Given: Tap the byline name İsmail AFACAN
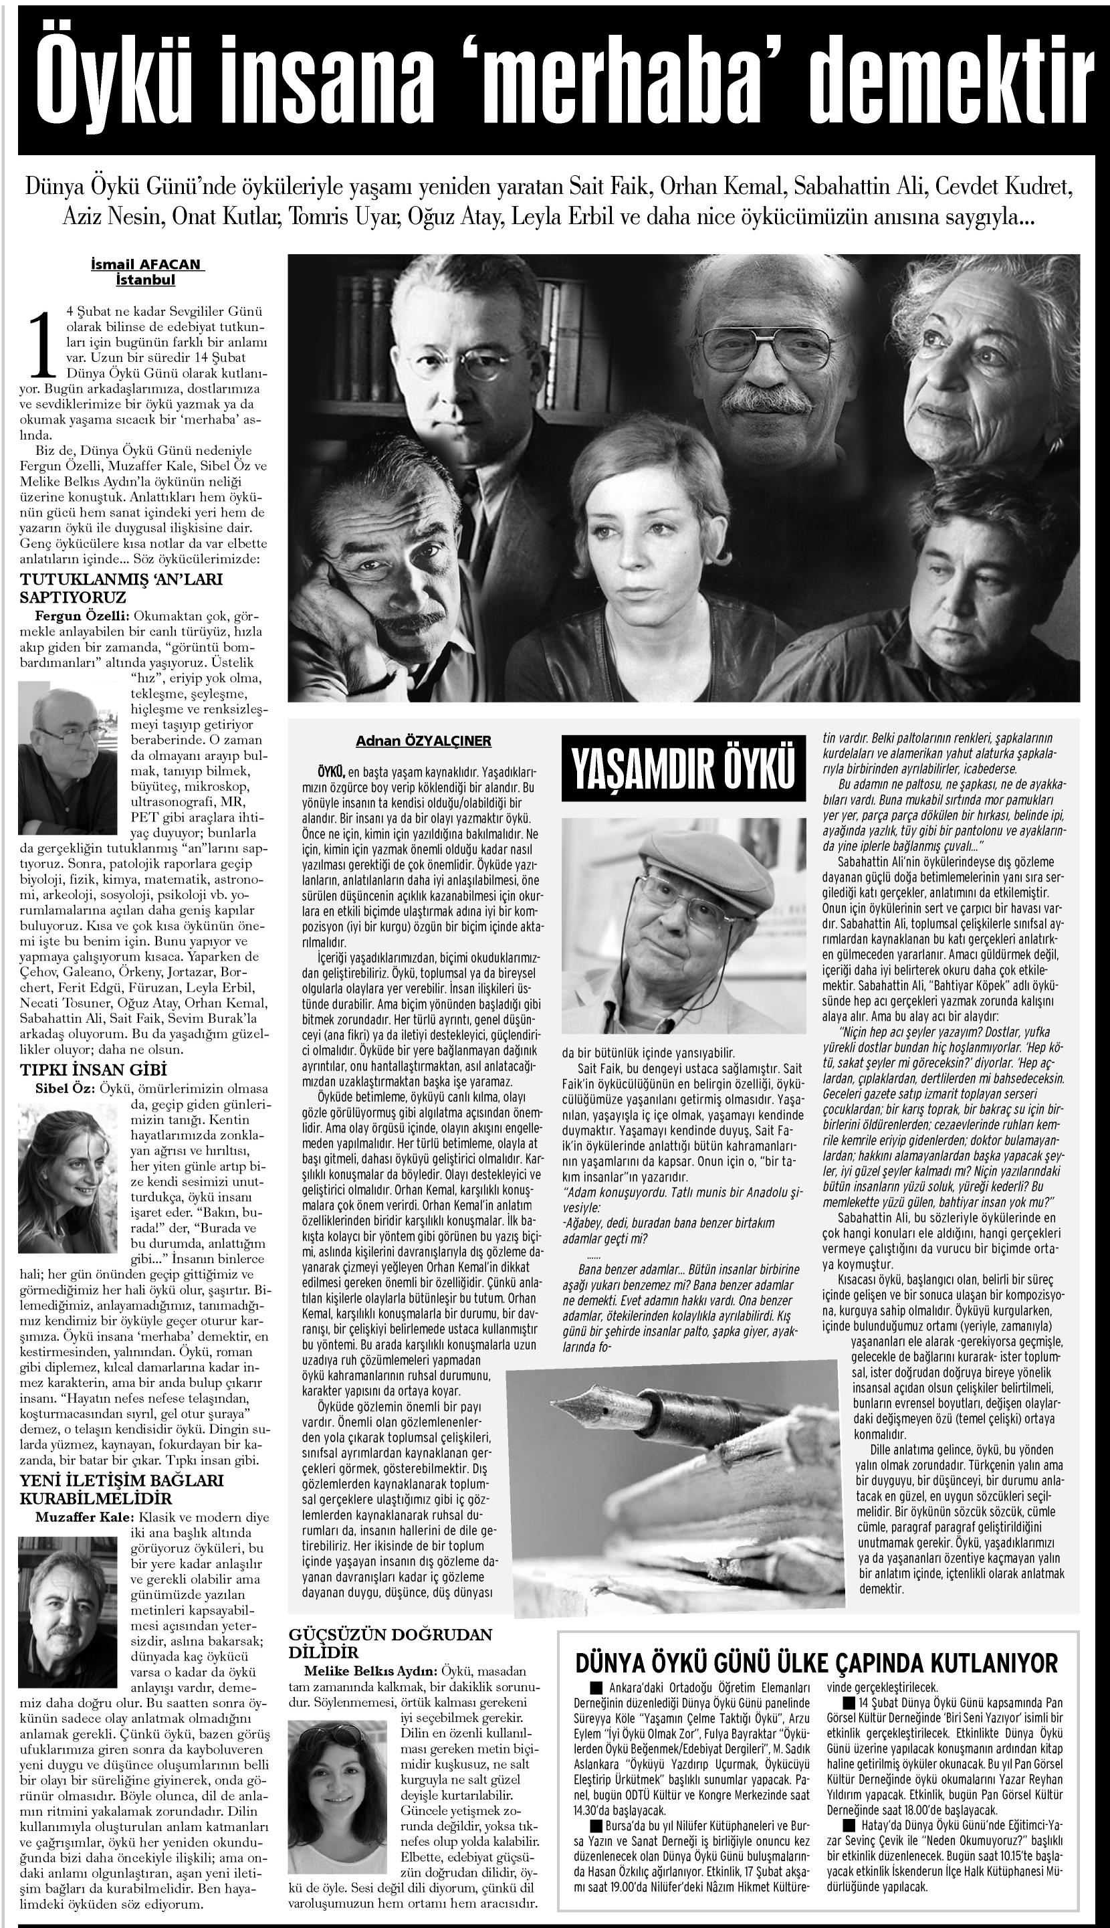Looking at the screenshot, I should (x=146, y=265).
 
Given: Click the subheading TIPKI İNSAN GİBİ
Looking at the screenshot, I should (x=93, y=1070).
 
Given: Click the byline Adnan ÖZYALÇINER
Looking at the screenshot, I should (x=423, y=741).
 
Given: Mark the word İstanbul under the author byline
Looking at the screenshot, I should (x=146, y=280).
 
